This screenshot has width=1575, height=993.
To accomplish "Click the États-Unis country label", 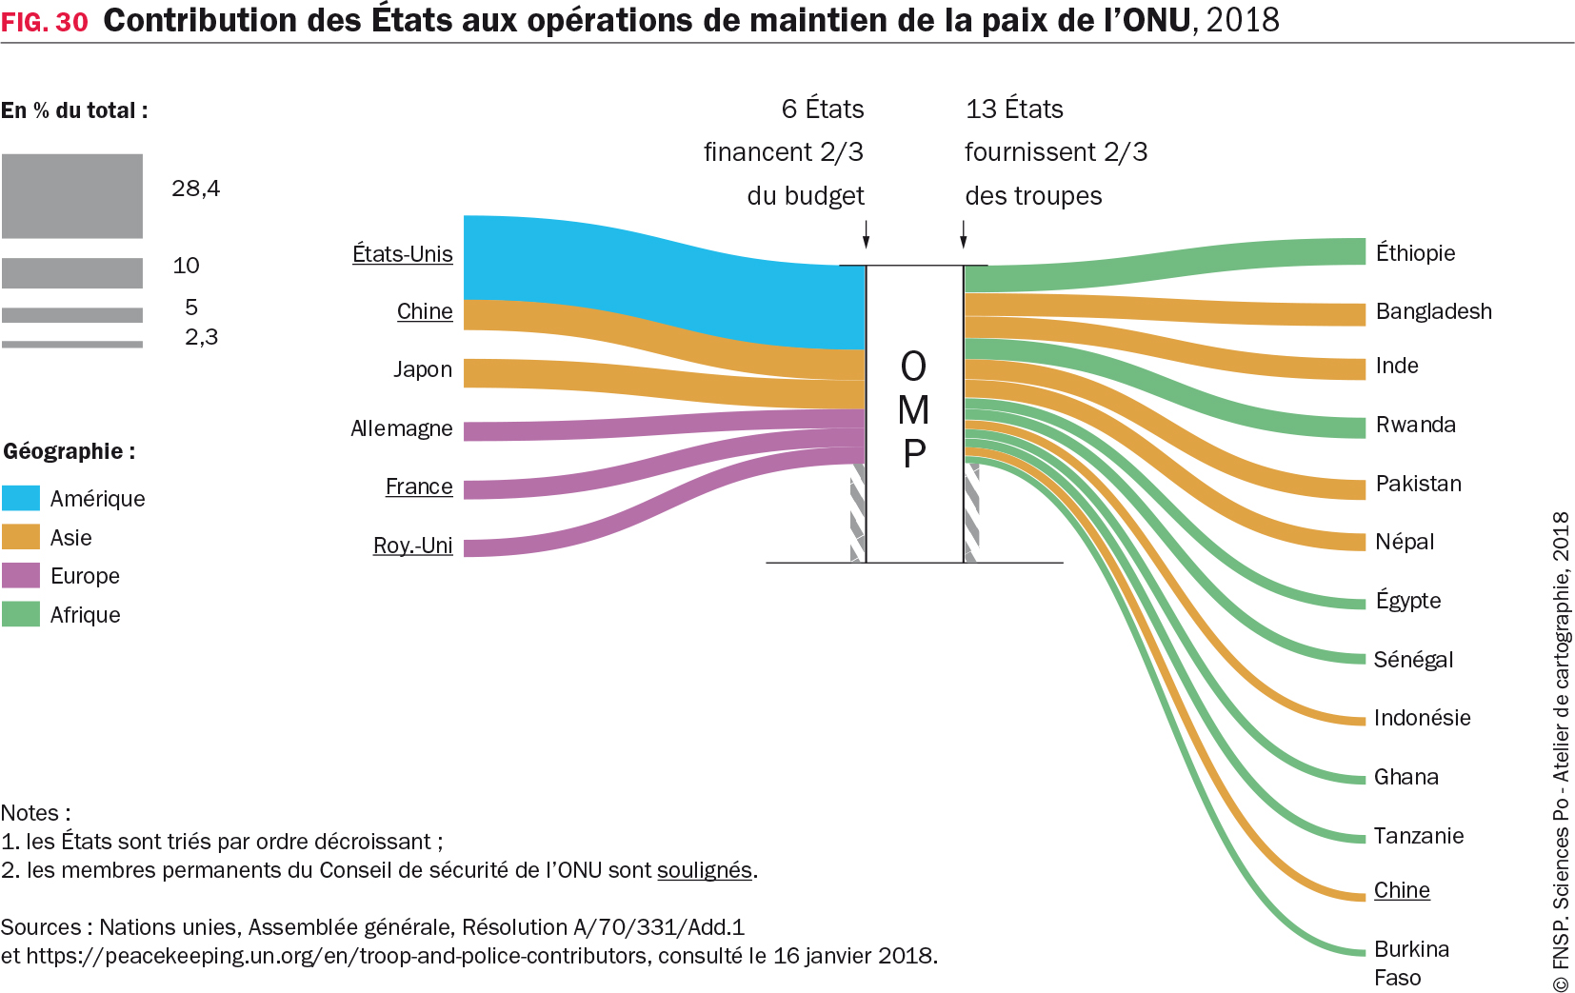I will pos(402,254).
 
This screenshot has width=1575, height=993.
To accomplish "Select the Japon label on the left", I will pos(423,369).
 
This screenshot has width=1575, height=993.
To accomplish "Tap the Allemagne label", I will pos(401,428).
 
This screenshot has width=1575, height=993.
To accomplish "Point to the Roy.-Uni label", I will pos(412,546).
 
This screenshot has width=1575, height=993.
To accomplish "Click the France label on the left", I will pos(419,487).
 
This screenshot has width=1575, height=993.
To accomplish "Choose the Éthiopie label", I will pos(1415,253).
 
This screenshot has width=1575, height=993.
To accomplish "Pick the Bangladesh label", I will pos(1433,311).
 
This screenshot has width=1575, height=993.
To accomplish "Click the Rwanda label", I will pos(1415,425).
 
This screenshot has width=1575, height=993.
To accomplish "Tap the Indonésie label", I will pos(1422,718).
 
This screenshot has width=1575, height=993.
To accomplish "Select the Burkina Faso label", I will pos(1411,963).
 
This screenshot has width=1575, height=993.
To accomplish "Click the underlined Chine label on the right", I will pos(1402,890).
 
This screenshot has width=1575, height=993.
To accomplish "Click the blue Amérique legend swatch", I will pos(21,498).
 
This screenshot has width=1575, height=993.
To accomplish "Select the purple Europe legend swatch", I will pos(21,575).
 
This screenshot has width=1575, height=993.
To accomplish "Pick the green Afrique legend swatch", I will pos(21,614).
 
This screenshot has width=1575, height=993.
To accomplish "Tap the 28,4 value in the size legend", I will pos(195,189).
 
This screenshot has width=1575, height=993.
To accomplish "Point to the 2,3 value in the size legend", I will pos(201,337).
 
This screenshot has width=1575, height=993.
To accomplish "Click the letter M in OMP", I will pos(913,410).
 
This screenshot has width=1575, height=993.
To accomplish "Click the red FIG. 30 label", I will pos(45,22).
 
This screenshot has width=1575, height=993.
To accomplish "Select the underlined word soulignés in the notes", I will pos(705,870).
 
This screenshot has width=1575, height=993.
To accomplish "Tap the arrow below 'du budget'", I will pos(866,234).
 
